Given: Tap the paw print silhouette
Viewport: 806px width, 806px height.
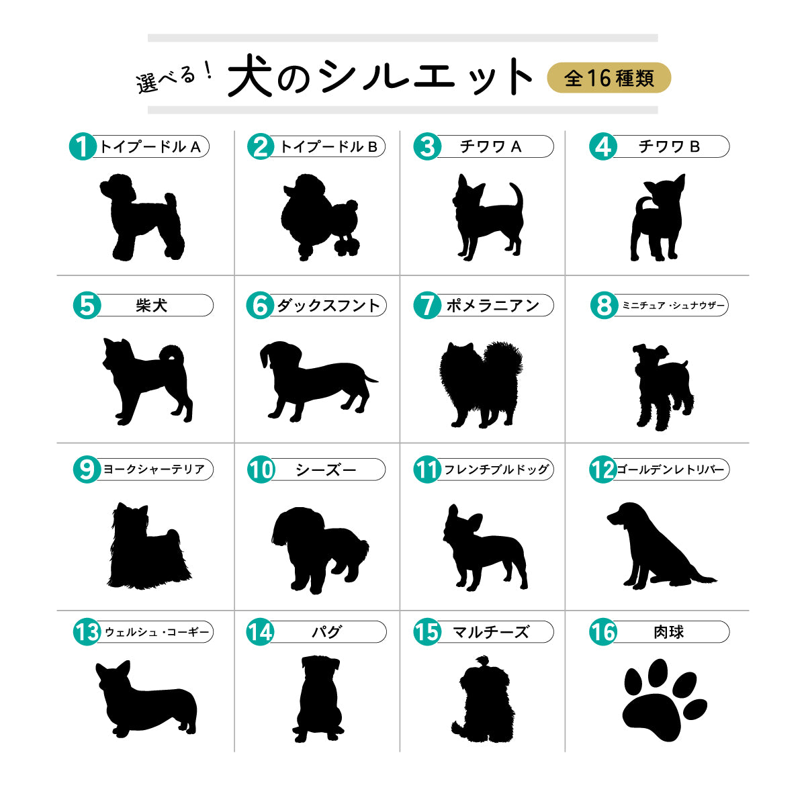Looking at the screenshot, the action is [x=665, y=700].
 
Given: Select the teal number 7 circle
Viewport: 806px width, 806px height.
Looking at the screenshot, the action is [x=427, y=305].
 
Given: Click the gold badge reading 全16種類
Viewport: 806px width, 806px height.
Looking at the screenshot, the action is [x=609, y=78].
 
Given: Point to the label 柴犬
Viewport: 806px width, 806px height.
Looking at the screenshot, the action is [x=151, y=306].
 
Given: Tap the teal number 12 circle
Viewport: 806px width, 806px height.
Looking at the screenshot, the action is [x=602, y=469].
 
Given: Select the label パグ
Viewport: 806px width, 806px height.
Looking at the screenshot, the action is [x=326, y=631].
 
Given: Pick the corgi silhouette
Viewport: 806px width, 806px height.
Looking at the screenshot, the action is [x=146, y=699].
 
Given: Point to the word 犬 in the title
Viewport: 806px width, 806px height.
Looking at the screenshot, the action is [x=250, y=76].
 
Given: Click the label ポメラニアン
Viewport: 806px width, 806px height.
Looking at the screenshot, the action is [x=493, y=306].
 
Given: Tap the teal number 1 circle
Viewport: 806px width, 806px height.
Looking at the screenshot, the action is [x=83, y=146].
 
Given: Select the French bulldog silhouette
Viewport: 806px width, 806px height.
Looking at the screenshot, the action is [x=485, y=547].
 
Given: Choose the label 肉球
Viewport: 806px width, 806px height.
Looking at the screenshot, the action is [x=669, y=631].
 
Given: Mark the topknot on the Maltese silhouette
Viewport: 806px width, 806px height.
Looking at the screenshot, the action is [x=483, y=662].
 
